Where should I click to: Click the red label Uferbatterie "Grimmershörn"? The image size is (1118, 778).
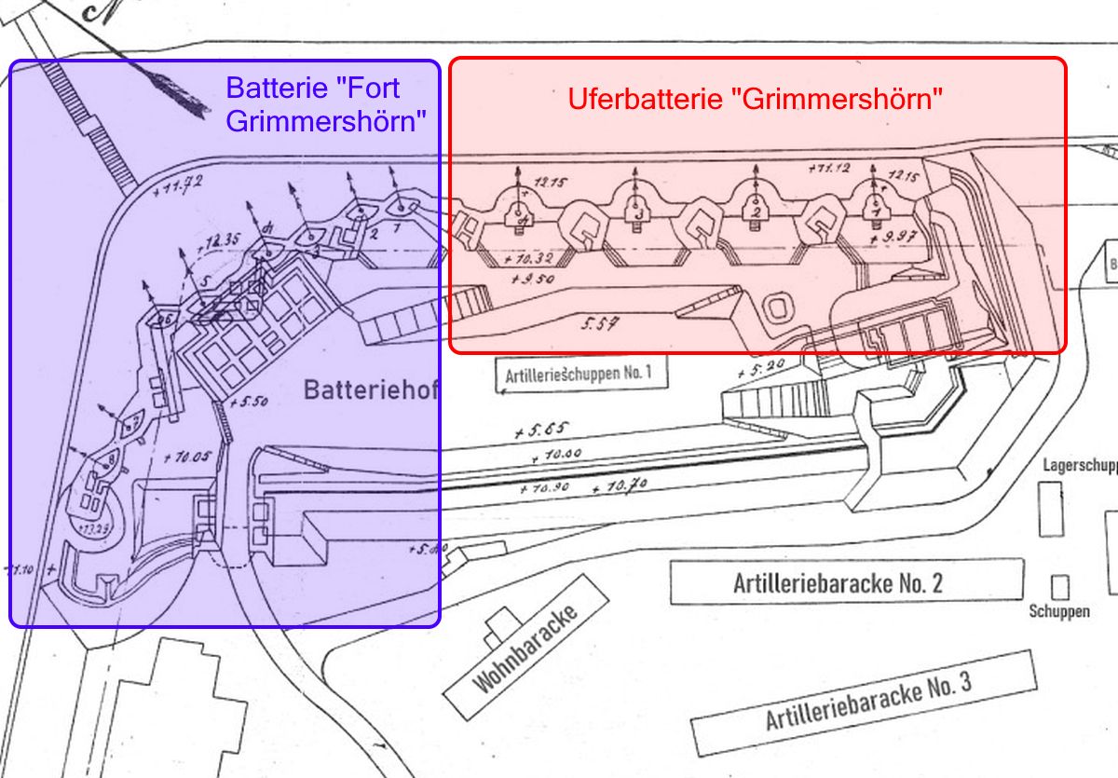point(755,98)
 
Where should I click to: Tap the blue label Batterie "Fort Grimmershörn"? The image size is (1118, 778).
point(326,103)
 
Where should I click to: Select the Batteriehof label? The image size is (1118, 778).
point(370,390)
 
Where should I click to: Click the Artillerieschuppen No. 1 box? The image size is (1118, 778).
point(579,375)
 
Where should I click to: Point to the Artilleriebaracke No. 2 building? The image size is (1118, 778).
point(838,582)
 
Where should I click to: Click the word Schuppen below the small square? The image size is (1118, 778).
point(1059,612)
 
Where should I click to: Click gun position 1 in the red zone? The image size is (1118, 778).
point(873,210)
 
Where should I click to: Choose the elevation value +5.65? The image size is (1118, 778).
point(541,431)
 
